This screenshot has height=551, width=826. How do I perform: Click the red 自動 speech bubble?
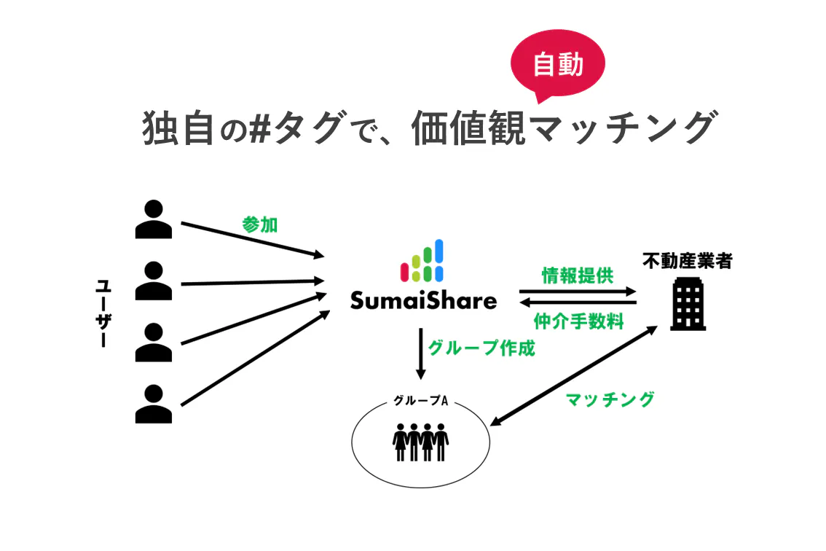(558, 67)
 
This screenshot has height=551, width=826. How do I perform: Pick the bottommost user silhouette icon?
(154, 404)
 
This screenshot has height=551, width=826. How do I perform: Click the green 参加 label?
(260, 224)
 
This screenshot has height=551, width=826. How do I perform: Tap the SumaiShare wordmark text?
(423, 300)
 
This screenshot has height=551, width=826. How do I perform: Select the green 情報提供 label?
(578, 275)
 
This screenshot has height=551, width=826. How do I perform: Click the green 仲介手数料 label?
(578, 321)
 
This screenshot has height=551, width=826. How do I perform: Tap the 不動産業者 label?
(687, 260)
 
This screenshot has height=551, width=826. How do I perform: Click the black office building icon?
(688, 306)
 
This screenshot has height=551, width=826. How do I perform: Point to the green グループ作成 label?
(481, 348)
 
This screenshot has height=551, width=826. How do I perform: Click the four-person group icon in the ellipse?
(420, 442)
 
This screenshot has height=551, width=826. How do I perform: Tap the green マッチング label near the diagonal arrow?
(610, 399)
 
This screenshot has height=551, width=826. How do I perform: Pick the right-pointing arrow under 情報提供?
(578, 292)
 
